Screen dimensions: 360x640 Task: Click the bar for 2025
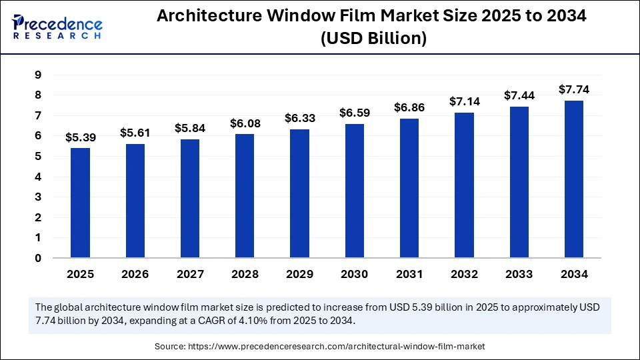(80, 203)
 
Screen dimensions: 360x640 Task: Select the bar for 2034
(574, 179)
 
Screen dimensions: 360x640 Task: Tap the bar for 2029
(299, 193)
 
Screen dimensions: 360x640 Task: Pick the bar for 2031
(409, 188)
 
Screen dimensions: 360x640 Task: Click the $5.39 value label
(80, 137)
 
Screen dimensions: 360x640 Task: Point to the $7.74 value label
(574, 90)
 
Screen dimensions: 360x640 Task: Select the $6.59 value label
(355, 113)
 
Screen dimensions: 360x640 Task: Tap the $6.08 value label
(245, 123)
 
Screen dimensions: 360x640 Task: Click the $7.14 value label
(464, 102)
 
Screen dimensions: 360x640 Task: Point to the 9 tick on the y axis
(37, 75)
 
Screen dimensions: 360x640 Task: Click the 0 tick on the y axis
(37, 258)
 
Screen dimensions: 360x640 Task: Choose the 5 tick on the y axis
(37, 157)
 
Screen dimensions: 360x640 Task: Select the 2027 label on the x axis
(189, 274)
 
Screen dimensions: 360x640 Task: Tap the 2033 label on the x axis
(519, 274)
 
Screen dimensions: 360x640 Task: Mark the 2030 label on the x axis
(355, 274)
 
